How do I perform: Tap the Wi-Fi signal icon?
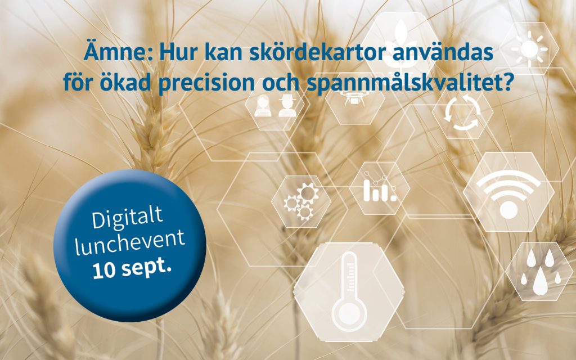click(508, 192)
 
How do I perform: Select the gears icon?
click(300, 201)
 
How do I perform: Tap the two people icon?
click(275, 106)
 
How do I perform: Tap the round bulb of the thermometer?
click(348, 311)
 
